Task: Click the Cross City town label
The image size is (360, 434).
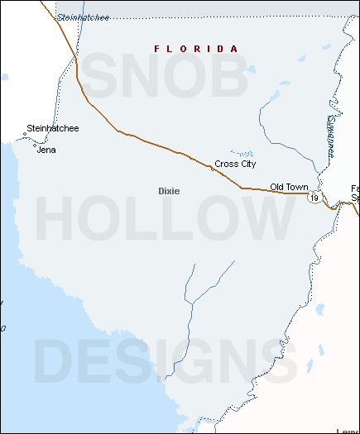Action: (x=235, y=165)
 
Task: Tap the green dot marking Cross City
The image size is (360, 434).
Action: (x=212, y=169)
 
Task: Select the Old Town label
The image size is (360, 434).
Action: (x=288, y=188)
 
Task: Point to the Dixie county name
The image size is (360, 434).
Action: (x=169, y=191)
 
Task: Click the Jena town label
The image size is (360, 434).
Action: (x=46, y=150)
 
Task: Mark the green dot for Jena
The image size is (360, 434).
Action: (x=35, y=146)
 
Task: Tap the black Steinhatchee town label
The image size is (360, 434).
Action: (x=52, y=128)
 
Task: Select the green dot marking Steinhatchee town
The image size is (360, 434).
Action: (x=24, y=135)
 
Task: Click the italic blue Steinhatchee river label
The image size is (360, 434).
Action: (x=83, y=17)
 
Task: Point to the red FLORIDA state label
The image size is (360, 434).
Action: (x=196, y=50)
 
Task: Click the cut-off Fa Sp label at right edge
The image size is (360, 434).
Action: (x=354, y=193)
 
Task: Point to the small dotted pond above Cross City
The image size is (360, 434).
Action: (x=242, y=153)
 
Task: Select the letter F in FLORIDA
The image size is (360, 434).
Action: (x=157, y=50)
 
